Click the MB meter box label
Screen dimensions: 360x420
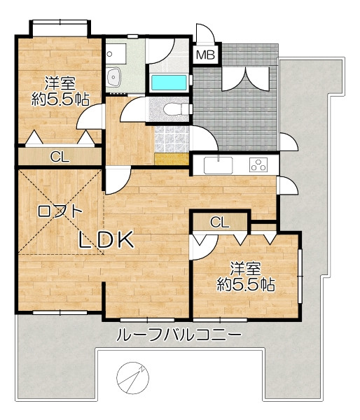click(x=206, y=55)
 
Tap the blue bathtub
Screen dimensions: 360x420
click(x=169, y=83)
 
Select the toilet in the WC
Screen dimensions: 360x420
click(x=176, y=109)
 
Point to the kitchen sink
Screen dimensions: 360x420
click(x=219, y=165)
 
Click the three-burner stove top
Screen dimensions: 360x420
click(x=258, y=164)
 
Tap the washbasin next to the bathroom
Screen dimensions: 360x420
click(x=114, y=77)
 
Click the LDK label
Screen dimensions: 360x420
click(x=106, y=239)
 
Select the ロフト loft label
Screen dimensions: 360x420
click(x=60, y=211)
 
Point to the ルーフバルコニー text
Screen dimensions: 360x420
click(x=179, y=335)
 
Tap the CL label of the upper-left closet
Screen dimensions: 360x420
click(x=60, y=157)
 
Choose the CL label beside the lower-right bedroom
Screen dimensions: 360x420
click(x=219, y=222)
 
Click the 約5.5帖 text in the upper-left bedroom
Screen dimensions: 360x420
click(x=60, y=100)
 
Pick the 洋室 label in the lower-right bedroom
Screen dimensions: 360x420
click(x=246, y=269)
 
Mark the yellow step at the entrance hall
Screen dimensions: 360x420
click(x=172, y=159)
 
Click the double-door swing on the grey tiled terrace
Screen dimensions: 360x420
click(x=245, y=79)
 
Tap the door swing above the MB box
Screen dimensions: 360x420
click(x=206, y=33)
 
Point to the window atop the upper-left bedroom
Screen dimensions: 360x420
click(x=60, y=22)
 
